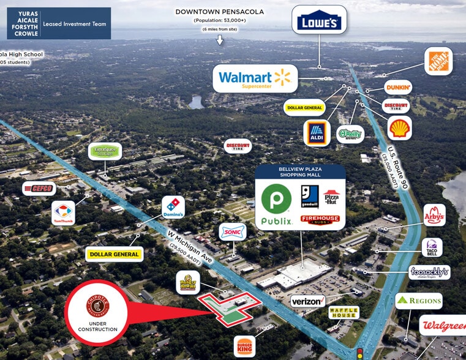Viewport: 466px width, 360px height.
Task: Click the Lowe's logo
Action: point(318,23)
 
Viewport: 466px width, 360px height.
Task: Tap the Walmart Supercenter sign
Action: point(255,79)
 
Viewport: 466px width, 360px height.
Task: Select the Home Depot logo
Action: point(438,61)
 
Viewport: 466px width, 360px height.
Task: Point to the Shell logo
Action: point(399,128)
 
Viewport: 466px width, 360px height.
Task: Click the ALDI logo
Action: point(317,133)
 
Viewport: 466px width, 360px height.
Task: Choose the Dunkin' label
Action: point(398,87)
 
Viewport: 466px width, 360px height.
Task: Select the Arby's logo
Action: point(434,215)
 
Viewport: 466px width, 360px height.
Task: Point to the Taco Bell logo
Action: point(432,247)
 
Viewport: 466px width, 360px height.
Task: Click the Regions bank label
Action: point(418,301)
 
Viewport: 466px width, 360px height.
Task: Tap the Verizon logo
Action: point(307,301)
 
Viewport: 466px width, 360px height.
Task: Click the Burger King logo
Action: point(244,346)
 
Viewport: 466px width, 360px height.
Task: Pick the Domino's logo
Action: point(173,208)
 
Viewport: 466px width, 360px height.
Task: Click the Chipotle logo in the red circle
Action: point(97,303)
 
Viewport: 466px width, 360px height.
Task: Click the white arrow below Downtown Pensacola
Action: point(220,40)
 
